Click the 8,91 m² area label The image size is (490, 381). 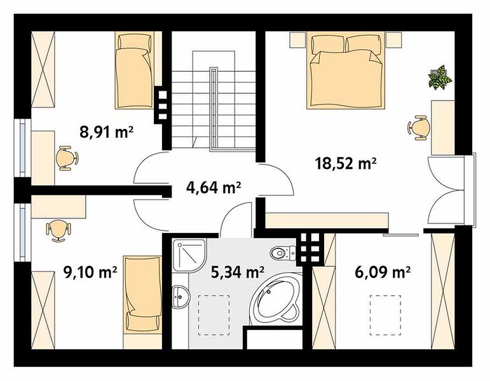click(107, 132)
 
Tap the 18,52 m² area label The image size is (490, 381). click(346, 163)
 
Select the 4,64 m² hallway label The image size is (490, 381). click(214, 188)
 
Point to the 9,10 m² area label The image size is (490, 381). click(90, 272)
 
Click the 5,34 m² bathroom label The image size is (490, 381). click(238, 272)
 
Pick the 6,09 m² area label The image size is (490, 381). click(383, 272)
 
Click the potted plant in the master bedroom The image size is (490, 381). click(440, 77)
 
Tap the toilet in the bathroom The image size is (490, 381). click(283, 253)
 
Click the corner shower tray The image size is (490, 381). click(189, 255)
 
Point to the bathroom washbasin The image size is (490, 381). click(180, 296)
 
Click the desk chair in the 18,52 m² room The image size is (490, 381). click(418, 128)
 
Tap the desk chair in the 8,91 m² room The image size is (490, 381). click(67, 158)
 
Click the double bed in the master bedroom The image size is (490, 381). click(345, 72)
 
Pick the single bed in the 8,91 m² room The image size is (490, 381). click(134, 70)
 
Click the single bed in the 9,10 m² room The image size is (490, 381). click(142, 295)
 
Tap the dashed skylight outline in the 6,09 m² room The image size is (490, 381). click(385, 315)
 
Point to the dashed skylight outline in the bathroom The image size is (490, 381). click(214, 315)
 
